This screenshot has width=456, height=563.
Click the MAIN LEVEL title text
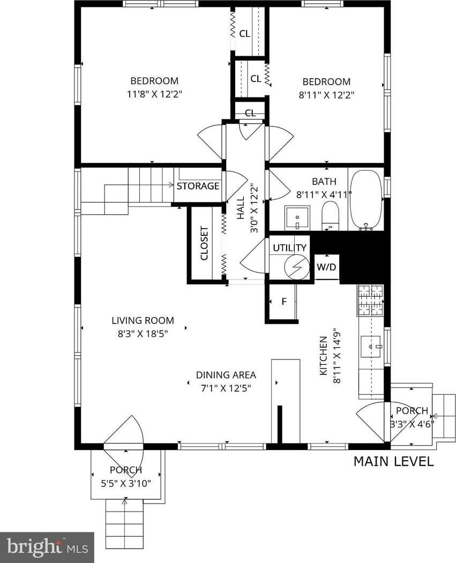click(x=393, y=461)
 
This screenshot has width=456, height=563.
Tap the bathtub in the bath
click(x=366, y=200)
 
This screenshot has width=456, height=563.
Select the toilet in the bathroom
click(x=330, y=216)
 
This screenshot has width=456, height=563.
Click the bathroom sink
click(x=297, y=218)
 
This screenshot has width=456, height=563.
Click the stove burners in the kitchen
click(x=371, y=300)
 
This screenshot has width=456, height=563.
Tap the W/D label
click(x=326, y=267)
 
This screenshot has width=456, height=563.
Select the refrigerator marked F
click(x=283, y=302)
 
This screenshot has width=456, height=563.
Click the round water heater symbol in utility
click(x=297, y=267)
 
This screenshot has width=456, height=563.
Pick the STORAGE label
click(x=198, y=186)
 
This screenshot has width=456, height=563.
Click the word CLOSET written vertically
click(x=204, y=243)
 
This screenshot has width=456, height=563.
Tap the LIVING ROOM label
click(x=143, y=320)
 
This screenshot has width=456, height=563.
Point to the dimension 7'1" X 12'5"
click(x=226, y=388)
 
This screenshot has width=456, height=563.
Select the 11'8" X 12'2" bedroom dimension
click(x=155, y=94)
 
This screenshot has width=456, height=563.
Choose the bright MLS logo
click(x=47, y=547)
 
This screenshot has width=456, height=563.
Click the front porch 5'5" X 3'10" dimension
click(x=126, y=483)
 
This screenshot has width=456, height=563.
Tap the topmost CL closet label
click(x=244, y=34)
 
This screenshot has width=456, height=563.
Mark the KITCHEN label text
click(x=324, y=356)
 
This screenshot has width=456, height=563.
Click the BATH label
click(x=324, y=181)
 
